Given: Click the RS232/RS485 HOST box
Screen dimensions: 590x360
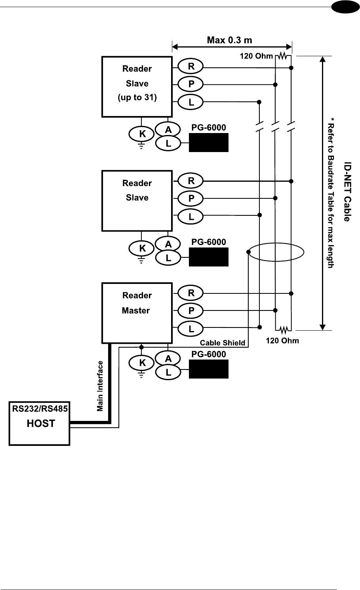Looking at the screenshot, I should click(40, 423).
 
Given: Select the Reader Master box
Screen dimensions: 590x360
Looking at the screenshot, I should click(137, 312).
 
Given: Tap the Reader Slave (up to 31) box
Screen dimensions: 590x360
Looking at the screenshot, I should click(137, 86).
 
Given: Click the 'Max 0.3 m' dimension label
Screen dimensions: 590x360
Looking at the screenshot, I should click(230, 40).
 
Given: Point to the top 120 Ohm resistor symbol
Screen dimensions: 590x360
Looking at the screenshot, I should click(282, 56).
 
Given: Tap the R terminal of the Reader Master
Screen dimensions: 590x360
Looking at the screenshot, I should click(191, 293).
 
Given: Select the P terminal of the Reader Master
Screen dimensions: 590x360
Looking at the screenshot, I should click(191, 310).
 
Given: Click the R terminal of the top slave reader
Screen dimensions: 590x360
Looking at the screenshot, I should click(191, 66).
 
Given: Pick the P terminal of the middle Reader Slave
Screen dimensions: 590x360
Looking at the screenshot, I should click(191, 198).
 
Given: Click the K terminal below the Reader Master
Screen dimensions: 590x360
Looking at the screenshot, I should click(142, 363).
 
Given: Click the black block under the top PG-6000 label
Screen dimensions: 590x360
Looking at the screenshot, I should click(209, 143).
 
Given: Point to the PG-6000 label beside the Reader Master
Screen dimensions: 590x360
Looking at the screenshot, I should click(209, 354).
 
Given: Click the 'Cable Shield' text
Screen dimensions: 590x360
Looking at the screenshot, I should click(222, 343).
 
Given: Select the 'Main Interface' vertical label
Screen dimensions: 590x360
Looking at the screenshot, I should click(100, 386).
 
